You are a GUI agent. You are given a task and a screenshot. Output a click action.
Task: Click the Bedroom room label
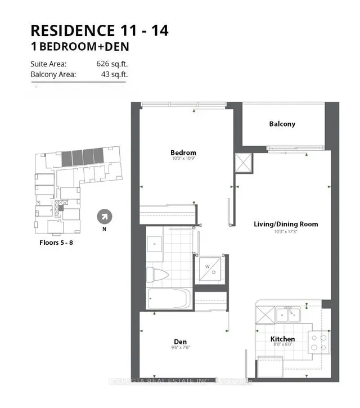pyautogui.click(x=183, y=153)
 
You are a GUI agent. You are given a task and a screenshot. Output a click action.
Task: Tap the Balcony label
pyautogui.click(x=282, y=124)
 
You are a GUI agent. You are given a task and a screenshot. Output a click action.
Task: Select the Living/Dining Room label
pyautogui.click(x=285, y=224)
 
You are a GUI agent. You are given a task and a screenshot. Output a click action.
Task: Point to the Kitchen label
pyautogui.click(x=282, y=339)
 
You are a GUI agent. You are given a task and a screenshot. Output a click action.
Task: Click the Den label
pyautogui.click(x=180, y=341)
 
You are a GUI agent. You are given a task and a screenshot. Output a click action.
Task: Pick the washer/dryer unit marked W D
pyautogui.click(x=211, y=268)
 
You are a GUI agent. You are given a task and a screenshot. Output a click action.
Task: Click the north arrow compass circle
pyautogui.click(x=104, y=216)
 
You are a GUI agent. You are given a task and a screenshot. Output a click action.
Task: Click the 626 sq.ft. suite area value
pyautogui.click(x=112, y=64)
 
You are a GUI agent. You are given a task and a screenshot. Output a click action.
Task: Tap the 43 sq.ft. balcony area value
pyautogui.click(x=115, y=74)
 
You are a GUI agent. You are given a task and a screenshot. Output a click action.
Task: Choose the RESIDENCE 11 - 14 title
pyautogui.click(x=99, y=30)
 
